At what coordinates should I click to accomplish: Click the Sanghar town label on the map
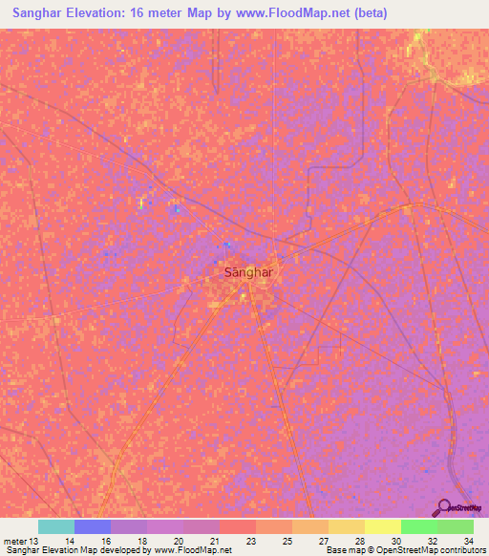(247, 272)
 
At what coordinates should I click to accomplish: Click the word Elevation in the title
(103, 13)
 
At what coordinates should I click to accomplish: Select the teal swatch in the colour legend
(56, 526)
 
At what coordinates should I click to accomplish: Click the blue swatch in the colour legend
(93, 526)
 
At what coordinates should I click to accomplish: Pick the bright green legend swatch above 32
(419, 526)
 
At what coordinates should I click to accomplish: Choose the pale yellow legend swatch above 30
(383, 526)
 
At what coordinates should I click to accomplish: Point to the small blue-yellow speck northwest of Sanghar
(141, 203)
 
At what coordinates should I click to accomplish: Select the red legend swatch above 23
(238, 526)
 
